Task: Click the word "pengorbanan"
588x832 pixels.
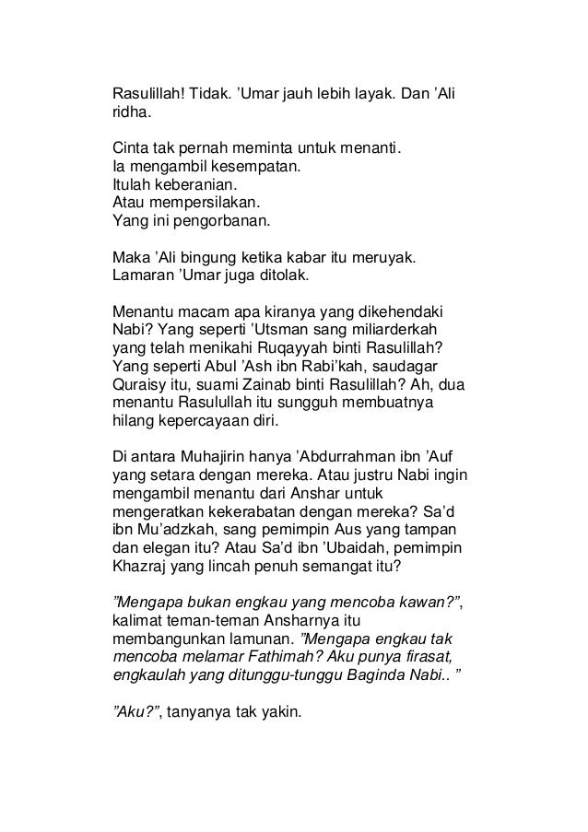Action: tap(221, 221)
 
